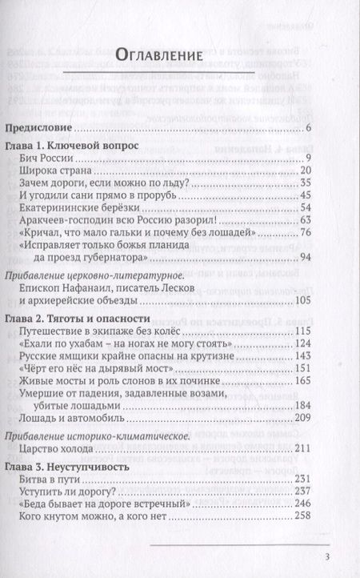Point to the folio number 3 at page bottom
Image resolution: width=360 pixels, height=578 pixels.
(x=327, y=557)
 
